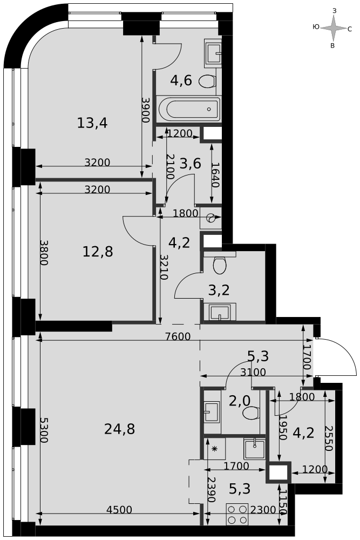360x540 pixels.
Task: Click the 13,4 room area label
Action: [x=92, y=123]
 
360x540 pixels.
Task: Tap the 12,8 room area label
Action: [x=98, y=252]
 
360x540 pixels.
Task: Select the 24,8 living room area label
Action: [x=119, y=429]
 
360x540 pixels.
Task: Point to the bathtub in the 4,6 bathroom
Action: [x=189, y=109]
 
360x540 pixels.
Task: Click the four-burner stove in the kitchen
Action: [x=237, y=514]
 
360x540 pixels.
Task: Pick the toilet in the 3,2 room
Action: [x=220, y=265]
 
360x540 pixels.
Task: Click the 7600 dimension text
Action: [x=178, y=336]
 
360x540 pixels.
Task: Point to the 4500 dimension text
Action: [x=119, y=510]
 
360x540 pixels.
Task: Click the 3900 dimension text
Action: [x=146, y=110]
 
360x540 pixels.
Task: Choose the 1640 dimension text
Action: [x=216, y=175]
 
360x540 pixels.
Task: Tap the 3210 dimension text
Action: [x=165, y=267]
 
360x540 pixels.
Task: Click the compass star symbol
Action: [x=333, y=29]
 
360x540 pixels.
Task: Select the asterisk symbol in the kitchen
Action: [x=215, y=449]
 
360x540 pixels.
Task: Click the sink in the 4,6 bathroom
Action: [x=213, y=53]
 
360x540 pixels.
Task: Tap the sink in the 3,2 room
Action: [x=220, y=312]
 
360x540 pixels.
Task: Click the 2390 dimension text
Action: [x=212, y=489]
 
